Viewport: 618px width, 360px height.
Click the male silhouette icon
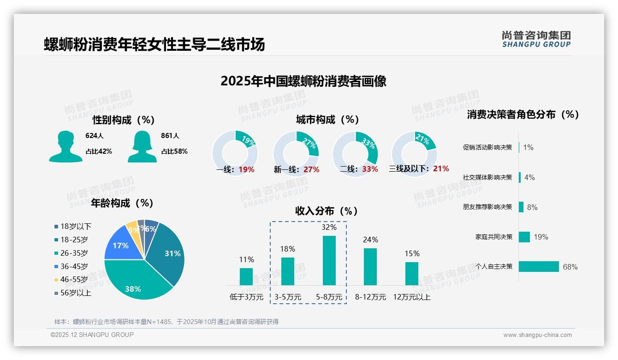click(x=65, y=146)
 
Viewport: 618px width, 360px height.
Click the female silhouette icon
click(x=142, y=146)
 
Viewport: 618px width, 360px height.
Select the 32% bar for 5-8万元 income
click(x=329, y=260)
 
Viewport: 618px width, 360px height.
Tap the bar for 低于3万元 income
click(x=246, y=276)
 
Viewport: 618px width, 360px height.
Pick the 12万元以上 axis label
click(x=411, y=297)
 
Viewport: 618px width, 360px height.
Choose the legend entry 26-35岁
click(x=74, y=253)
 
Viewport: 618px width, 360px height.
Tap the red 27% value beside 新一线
click(x=311, y=169)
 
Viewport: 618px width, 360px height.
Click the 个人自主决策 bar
click(x=539, y=266)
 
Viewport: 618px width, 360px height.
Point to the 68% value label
click(x=570, y=267)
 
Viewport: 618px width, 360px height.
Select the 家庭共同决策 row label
click(x=493, y=237)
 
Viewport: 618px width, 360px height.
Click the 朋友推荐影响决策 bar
click(x=521, y=207)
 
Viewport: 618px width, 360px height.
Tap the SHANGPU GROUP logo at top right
click(x=536, y=39)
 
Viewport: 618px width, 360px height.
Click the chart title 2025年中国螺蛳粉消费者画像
click(x=303, y=81)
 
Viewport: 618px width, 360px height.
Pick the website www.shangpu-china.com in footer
click(x=537, y=335)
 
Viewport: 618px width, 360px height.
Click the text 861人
click(x=170, y=136)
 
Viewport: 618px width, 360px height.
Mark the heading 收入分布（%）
click(x=327, y=211)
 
